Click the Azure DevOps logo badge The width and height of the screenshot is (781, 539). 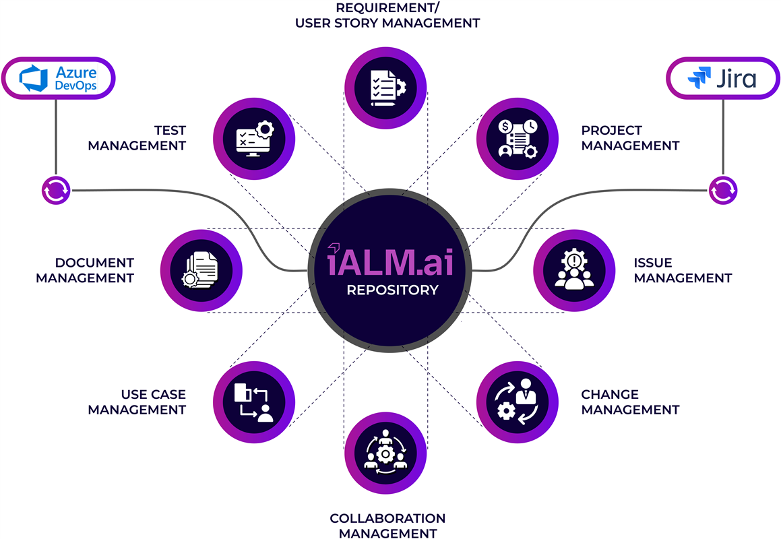pos(58,78)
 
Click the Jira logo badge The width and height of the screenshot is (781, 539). pos(722,78)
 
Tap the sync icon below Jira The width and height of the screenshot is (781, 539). pos(722,190)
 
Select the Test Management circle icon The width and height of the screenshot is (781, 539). pos(254,139)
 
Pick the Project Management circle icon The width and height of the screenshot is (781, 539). pos(517,139)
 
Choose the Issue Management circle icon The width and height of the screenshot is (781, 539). pos(574,271)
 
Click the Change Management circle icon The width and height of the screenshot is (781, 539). pos(517,402)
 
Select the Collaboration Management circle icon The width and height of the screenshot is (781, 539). pos(385,453)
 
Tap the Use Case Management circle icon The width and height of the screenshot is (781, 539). pos(254,402)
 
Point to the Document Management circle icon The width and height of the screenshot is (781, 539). pos(201,271)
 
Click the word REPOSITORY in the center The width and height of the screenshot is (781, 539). pos(392,290)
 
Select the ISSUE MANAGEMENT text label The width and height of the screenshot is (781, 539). pos(682,270)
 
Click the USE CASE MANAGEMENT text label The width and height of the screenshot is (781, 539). pos(137,402)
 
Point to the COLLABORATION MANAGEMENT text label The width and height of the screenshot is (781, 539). pos(387,526)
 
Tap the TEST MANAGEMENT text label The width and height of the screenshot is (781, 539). pos(137,137)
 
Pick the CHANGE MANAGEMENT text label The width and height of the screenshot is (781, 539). pos(630,402)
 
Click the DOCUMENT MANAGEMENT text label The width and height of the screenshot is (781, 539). pos(85,270)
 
